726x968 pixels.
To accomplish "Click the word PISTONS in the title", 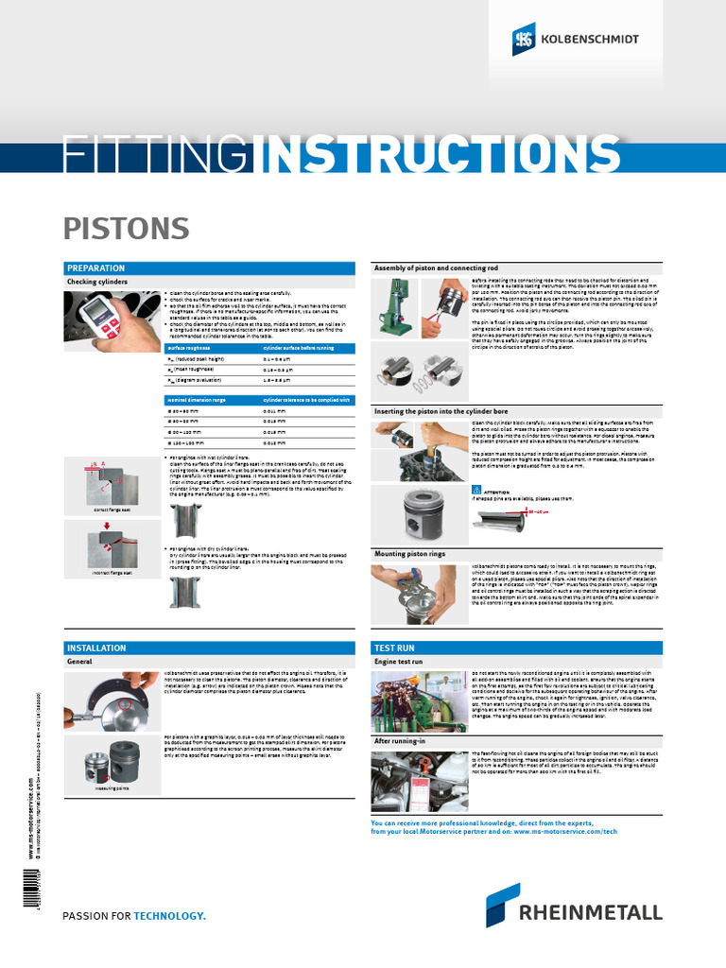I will (112, 228).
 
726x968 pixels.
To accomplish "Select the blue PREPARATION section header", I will (95, 268).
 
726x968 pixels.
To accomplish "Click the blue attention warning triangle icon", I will (475, 492).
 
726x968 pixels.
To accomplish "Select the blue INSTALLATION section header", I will (96, 648).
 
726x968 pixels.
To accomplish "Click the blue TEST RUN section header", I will (395, 648).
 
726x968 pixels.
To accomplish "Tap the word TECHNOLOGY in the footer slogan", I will (169, 916).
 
